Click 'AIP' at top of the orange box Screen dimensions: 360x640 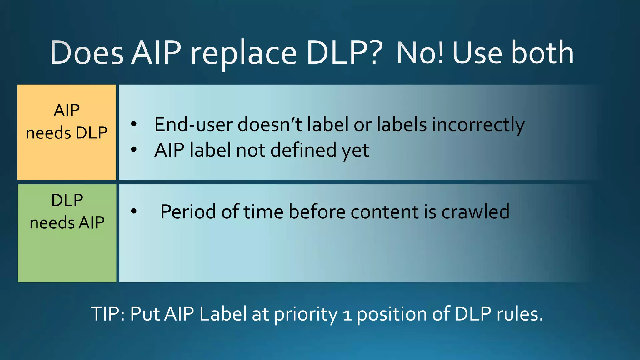click(67, 110)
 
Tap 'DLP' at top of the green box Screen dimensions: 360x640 click(67, 200)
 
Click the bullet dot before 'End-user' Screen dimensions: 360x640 click(134, 124)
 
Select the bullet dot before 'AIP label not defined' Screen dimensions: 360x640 click(134, 150)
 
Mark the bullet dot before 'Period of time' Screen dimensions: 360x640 click(134, 212)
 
